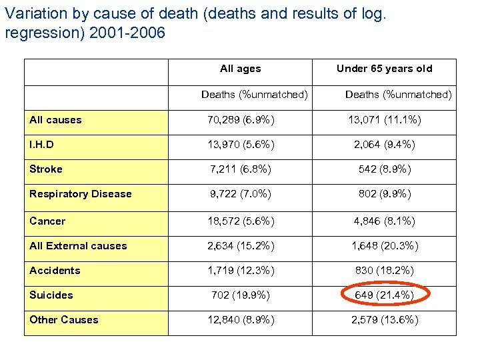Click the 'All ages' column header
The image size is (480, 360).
240,69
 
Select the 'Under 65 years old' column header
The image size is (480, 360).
384,69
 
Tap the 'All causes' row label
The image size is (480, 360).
55,120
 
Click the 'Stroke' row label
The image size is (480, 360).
45,169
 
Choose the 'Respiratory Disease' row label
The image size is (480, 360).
80,194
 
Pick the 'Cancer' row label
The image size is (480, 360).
47,221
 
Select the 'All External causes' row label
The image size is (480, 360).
78,246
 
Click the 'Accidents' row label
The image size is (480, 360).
55,271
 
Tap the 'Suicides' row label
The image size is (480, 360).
51,295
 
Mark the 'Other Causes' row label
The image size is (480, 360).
63,320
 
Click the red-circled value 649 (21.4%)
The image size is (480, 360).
385,295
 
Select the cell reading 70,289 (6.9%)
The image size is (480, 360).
241,120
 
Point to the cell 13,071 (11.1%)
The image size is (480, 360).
385,120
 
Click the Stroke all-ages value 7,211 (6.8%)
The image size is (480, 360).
241,169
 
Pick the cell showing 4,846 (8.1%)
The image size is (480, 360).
385,221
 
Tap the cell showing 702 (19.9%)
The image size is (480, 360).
241,295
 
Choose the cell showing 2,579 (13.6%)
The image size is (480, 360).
385,320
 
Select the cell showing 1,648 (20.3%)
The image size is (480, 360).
385,246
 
